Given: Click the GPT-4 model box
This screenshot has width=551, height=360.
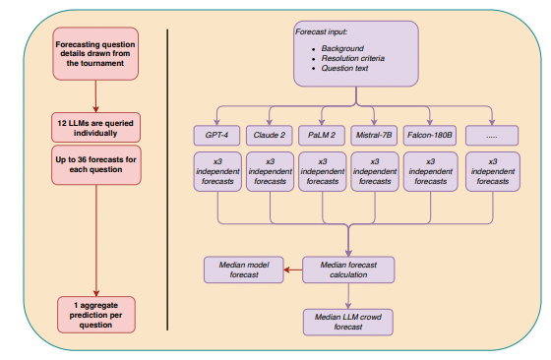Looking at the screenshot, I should click(216, 135).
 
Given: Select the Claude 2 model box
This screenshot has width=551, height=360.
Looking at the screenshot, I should click(268, 135).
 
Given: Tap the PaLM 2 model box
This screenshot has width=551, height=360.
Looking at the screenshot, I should click(320, 135).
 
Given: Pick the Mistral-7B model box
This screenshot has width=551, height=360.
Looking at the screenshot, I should click(373, 135).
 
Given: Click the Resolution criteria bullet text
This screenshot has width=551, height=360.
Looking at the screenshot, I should click(347, 58).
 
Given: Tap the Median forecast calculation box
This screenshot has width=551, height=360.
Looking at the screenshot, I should click(348, 269).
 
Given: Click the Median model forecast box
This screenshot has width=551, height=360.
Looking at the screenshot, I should click(237, 269).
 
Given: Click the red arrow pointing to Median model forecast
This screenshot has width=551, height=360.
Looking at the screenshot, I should click(289, 269).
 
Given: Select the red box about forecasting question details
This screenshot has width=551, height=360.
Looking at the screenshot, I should click(95, 55).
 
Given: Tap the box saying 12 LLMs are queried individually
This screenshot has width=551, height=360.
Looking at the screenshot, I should click(95, 127).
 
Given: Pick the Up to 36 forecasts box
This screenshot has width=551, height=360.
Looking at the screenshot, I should click(95, 162).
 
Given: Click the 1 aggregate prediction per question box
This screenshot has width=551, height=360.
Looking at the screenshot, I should click(95, 314).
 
